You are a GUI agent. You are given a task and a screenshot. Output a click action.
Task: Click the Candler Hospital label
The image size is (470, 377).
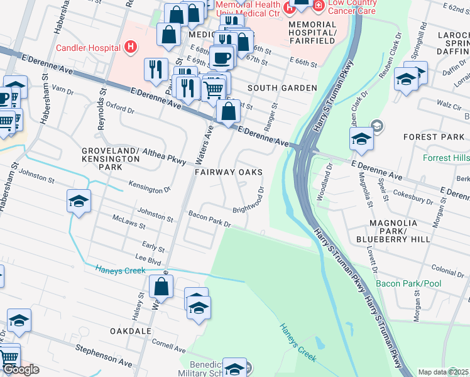click(x=89, y=48)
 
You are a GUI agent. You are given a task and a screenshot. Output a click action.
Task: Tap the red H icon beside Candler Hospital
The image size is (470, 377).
click(x=130, y=46)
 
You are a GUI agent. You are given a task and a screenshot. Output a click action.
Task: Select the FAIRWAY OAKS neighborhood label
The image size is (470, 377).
click(x=228, y=172)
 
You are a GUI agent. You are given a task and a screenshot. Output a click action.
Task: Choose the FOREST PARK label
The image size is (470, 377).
click(x=434, y=137)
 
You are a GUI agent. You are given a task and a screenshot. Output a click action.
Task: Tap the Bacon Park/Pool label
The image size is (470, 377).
click(x=408, y=284)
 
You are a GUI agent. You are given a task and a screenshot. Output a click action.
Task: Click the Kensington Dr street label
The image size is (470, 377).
click(x=150, y=187)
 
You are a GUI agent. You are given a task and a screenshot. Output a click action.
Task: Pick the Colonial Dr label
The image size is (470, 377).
click(x=447, y=271)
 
